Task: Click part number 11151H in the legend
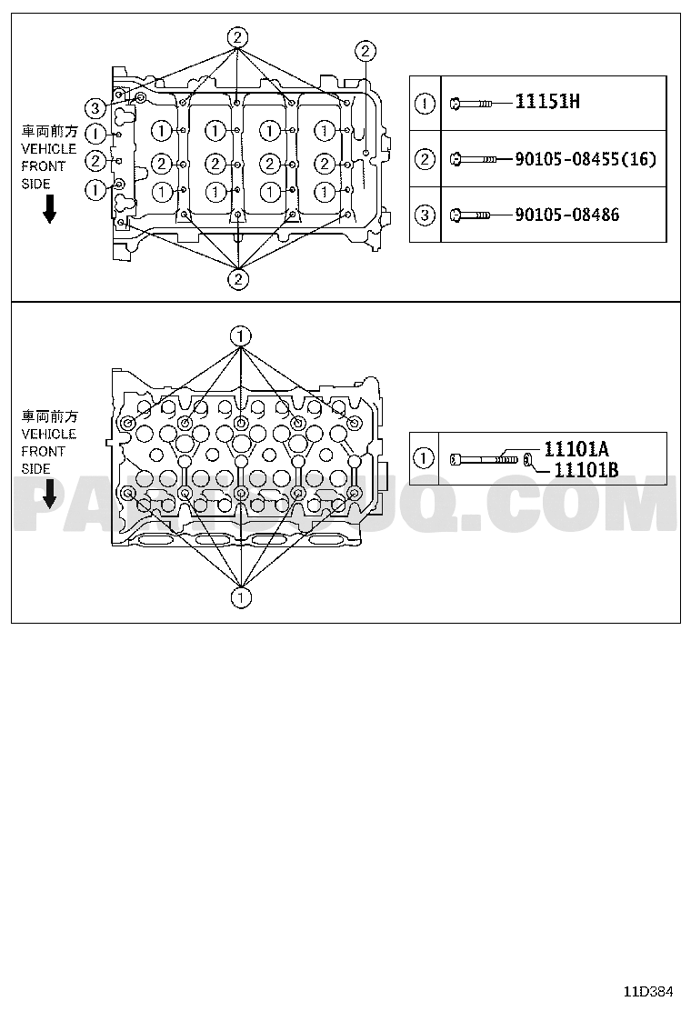pyautogui.click(x=547, y=102)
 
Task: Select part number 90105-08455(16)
pyautogui.click(x=586, y=158)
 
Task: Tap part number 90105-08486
pyautogui.click(x=566, y=215)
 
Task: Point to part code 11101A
pyautogui.click(x=576, y=449)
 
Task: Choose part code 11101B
pyautogui.click(x=586, y=470)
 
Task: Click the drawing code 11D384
pyautogui.click(x=647, y=991)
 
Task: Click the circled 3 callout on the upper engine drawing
pyautogui.click(x=95, y=107)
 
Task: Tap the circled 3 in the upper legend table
pyautogui.click(x=425, y=215)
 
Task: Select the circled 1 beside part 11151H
pyautogui.click(x=425, y=103)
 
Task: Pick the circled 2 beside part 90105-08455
pyautogui.click(x=425, y=158)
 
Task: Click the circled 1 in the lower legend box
pyautogui.click(x=424, y=459)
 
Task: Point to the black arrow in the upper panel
pyautogui.click(x=50, y=209)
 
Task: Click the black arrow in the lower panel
pyautogui.click(x=50, y=494)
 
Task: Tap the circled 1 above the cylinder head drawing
pyautogui.click(x=240, y=335)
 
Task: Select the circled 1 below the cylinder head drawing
pyautogui.click(x=240, y=597)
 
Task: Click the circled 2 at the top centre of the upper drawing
pyautogui.click(x=238, y=37)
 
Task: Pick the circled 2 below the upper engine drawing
pyautogui.click(x=238, y=278)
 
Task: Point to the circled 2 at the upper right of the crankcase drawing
pyautogui.click(x=365, y=50)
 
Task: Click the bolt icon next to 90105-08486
pyautogui.click(x=471, y=215)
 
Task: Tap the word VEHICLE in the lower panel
pyautogui.click(x=49, y=434)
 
